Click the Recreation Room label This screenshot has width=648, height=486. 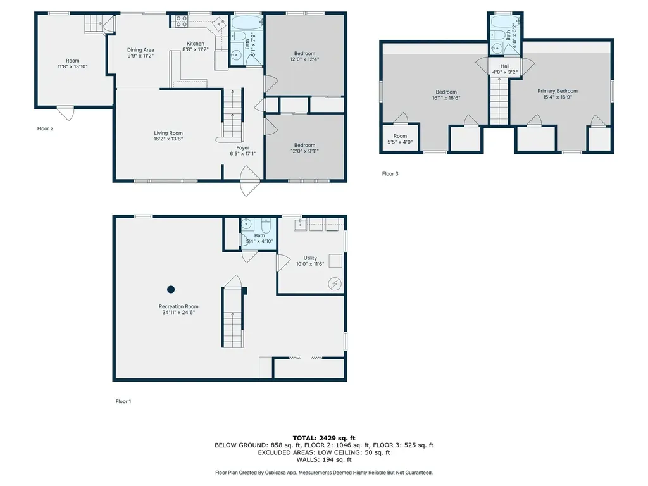(x=178, y=307)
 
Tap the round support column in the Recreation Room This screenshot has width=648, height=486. (x=171, y=289)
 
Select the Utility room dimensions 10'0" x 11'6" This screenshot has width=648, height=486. (x=310, y=264)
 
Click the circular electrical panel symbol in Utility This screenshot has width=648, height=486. (x=334, y=284)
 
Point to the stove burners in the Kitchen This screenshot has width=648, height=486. (x=181, y=22)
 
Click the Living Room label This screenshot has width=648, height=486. (x=168, y=133)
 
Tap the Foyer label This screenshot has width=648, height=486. (x=242, y=148)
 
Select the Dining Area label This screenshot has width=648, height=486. (x=140, y=50)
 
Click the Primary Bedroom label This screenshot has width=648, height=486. (x=558, y=91)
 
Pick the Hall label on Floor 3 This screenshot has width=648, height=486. (x=505, y=66)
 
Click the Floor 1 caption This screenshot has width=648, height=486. (x=123, y=401)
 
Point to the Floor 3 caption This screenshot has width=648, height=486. (x=390, y=174)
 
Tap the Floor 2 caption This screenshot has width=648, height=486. (x=45, y=128)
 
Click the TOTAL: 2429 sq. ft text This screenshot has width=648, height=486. (x=324, y=438)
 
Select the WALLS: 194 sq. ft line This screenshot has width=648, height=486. (x=324, y=459)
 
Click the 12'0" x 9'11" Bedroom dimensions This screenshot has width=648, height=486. (x=304, y=151)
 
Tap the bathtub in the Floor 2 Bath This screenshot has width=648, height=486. (x=247, y=23)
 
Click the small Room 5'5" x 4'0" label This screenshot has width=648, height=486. (x=400, y=139)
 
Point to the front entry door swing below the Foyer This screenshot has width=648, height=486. (x=250, y=181)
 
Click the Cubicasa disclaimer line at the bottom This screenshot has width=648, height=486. (x=324, y=473)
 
